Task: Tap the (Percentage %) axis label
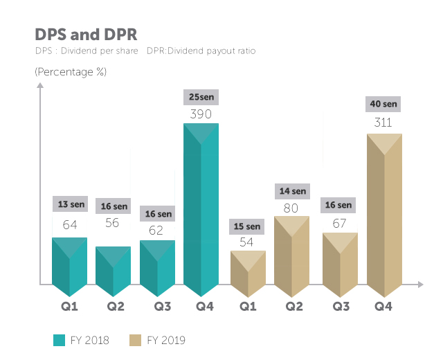click(x=71, y=71)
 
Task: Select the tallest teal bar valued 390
click(x=201, y=208)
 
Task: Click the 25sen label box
click(x=201, y=98)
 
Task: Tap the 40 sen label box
click(x=383, y=105)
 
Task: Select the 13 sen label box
click(x=70, y=204)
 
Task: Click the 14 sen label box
click(x=292, y=191)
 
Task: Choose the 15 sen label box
click(x=247, y=226)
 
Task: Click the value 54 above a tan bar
click(x=247, y=243)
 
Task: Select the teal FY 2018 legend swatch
click(x=59, y=340)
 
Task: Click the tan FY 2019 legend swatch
click(x=135, y=340)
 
